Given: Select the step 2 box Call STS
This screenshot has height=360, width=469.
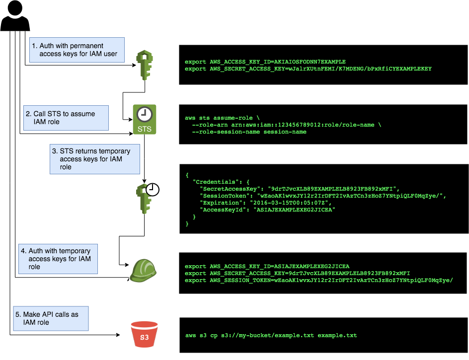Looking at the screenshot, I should tap(66, 118).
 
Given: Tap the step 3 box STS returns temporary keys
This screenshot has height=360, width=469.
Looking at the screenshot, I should tap(94, 159).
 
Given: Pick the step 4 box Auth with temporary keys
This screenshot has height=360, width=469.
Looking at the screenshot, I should tap(58, 259).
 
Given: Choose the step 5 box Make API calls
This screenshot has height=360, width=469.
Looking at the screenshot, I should tap(51, 318).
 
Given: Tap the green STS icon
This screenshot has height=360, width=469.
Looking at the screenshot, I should tap(144, 119).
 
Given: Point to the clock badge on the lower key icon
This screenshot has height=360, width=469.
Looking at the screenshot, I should tap(153, 189).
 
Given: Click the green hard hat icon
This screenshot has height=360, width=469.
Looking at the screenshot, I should tap(143, 271).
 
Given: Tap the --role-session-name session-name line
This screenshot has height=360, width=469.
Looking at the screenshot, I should tap(249, 132).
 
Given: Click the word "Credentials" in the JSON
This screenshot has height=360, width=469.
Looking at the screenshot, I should tap(214, 182).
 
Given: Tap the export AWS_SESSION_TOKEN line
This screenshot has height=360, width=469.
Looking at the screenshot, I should tap(318, 281).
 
